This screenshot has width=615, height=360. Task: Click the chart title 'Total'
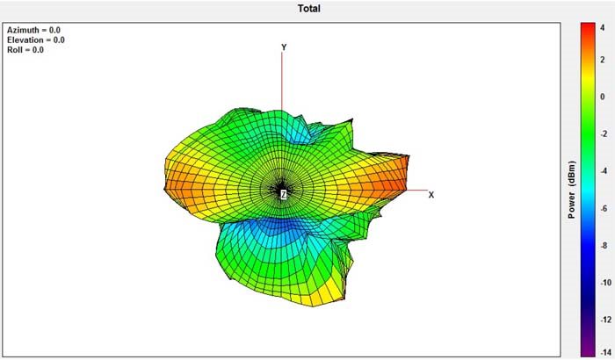(x=308, y=8)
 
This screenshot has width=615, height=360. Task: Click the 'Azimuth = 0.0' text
(x=33, y=30)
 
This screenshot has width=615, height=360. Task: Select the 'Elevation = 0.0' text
(x=36, y=40)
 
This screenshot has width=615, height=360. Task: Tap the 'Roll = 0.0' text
(x=25, y=50)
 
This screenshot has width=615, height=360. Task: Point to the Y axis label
(x=284, y=47)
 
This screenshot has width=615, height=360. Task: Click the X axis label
(x=431, y=195)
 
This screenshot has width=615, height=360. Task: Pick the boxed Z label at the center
(x=284, y=194)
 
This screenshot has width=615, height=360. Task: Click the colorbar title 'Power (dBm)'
(x=571, y=190)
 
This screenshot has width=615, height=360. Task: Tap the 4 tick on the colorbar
(x=603, y=28)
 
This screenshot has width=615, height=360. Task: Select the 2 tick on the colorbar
(x=603, y=60)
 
